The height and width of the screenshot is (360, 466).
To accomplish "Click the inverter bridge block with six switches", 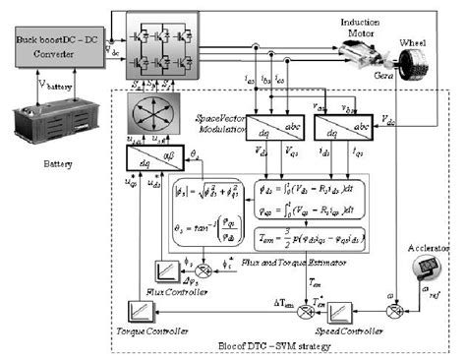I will pos(156,48).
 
